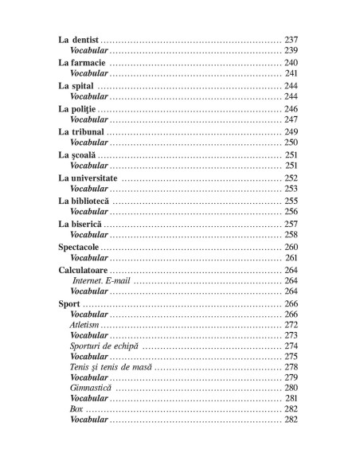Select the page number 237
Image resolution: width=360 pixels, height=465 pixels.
point(292,40)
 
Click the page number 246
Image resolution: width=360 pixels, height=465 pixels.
point(292,109)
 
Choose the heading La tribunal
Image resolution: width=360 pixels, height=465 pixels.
point(81,131)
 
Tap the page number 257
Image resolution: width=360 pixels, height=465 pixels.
point(292,224)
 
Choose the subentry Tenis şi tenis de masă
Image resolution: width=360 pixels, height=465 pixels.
point(110,367)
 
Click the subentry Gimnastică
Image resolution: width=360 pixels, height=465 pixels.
point(89,388)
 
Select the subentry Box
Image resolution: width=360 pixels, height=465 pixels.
point(76,408)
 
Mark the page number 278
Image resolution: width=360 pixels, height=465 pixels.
point(292,367)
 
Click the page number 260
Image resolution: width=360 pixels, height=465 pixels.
point(292,247)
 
